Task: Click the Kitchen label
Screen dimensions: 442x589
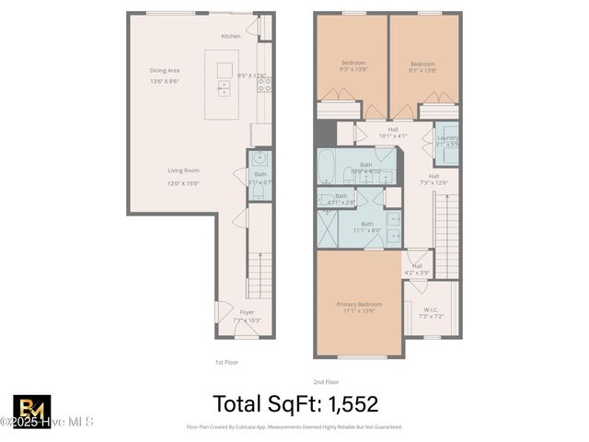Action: point(231,36)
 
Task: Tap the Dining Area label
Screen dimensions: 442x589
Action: point(165,70)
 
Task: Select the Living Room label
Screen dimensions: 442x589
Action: point(184,170)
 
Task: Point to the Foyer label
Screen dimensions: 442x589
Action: point(247,312)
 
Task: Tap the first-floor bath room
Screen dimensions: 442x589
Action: point(260,176)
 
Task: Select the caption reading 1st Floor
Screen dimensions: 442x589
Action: point(226,362)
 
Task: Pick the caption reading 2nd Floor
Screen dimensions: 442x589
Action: point(327,381)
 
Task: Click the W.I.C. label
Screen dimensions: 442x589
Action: point(432,309)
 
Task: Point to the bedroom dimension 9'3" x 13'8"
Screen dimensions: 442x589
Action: point(353,69)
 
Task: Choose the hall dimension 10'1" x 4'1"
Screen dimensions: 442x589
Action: point(393,136)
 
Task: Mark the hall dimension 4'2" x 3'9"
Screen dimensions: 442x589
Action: point(417,273)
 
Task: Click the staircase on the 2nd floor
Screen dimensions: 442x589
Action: point(445,230)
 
